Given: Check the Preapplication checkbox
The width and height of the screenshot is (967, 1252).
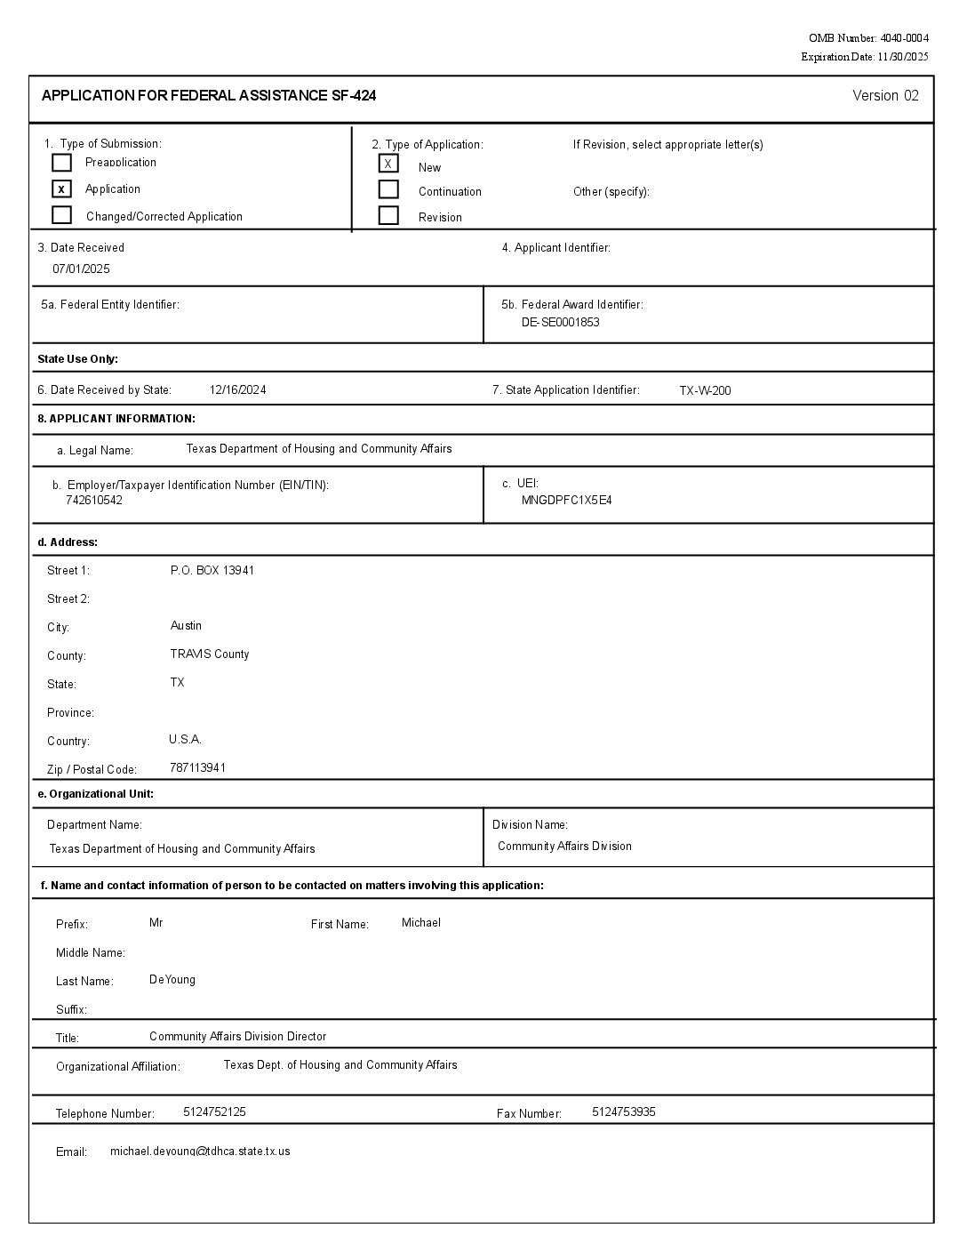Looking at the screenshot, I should [x=61, y=163].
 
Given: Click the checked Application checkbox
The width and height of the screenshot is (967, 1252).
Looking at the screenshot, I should [x=61, y=189].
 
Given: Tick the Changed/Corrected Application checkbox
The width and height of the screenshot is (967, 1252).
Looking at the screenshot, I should [x=61, y=215].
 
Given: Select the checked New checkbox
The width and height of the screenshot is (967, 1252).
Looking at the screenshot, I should [x=388, y=164].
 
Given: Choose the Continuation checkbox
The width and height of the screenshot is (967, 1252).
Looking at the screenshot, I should [x=388, y=189].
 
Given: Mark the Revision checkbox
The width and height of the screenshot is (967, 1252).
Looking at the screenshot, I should [x=388, y=215].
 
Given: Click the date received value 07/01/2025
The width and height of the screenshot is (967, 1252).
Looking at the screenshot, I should [x=81, y=269].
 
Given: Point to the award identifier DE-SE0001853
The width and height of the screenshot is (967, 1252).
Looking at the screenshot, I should [x=560, y=322].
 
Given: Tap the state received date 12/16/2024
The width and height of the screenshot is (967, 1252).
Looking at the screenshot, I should [x=237, y=389].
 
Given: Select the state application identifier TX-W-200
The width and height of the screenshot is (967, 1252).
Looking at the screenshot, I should [x=705, y=390].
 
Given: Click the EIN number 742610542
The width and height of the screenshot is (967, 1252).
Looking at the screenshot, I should [x=94, y=500].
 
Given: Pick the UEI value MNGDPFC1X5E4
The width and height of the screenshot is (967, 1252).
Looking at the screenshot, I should [x=566, y=500].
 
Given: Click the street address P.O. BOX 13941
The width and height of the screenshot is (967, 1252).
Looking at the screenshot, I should [x=212, y=570].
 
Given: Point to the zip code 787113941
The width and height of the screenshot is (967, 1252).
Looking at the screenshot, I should [x=197, y=767].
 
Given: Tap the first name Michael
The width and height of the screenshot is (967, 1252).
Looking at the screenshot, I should [x=421, y=922].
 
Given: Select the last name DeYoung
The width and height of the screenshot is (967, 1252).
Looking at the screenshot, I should [x=172, y=979].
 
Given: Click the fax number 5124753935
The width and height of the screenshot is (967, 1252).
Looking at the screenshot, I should [x=624, y=1112].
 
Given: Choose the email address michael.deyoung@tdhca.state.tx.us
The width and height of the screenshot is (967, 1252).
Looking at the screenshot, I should [x=200, y=1151].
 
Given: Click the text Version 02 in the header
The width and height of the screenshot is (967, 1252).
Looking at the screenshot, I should [x=885, y=96].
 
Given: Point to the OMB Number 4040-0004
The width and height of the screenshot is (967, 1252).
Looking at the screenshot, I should [x=868, y=38].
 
